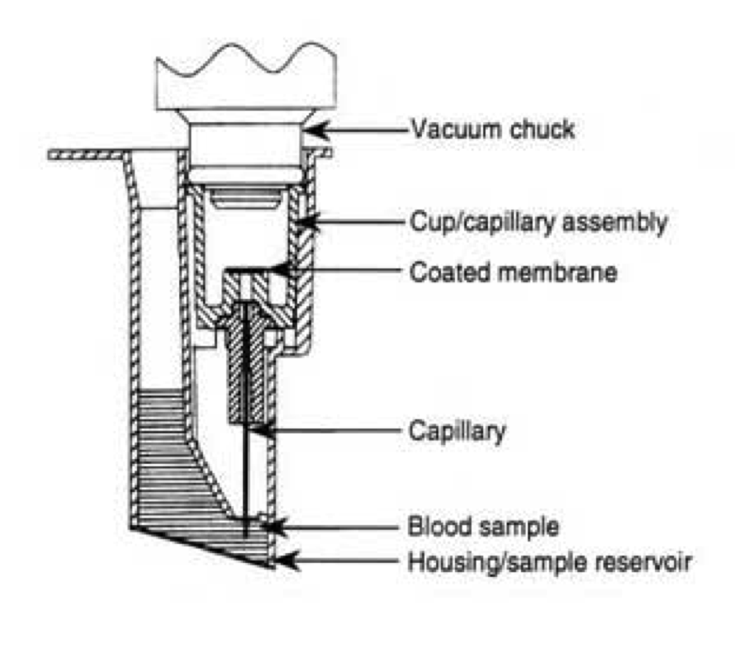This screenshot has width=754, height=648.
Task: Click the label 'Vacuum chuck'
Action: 482,129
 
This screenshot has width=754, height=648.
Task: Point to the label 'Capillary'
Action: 456,431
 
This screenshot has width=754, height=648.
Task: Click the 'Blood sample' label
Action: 484,526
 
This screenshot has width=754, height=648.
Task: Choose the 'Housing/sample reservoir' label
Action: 550,563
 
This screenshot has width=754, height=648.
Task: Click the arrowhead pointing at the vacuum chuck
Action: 313,130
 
